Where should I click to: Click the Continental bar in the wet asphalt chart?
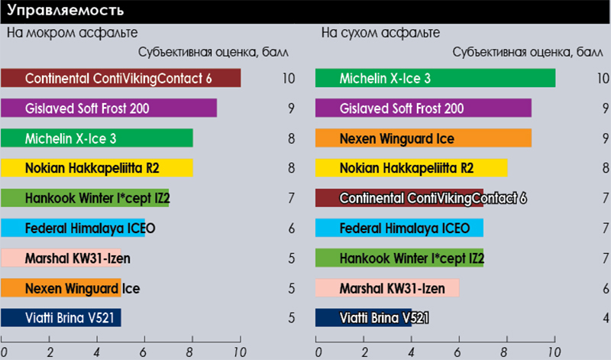click(x=121, y=79)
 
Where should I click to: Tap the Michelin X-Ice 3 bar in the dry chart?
click(x=435, y=79)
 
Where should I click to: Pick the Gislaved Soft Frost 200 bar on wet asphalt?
click(x=108, y=109)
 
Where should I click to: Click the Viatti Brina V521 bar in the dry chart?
click(x=364, y=317)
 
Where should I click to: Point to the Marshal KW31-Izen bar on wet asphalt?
click(x=61, y=258)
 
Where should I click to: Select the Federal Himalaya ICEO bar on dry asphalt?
click(x=399, y=228)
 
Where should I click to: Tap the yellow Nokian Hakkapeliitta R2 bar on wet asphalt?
click(x=97, y=168)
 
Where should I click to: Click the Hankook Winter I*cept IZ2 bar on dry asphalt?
click(x=399, y=258)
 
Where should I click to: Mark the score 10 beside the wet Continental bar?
click(x=288, y=79)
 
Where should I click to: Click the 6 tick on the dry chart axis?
click(x=460, y=352)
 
